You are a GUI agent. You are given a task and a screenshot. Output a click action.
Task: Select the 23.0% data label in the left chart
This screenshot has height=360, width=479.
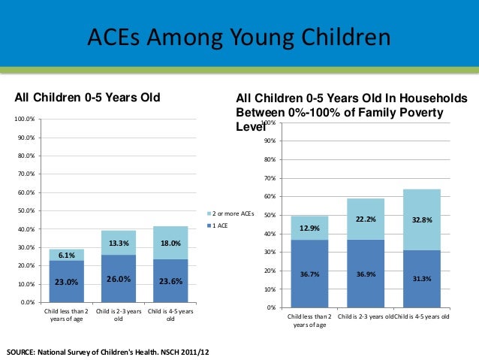(68, 283)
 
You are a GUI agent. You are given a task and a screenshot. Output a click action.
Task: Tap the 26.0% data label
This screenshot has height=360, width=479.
(119, 280)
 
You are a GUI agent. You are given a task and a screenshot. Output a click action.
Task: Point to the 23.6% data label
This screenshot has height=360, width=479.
(170, 283)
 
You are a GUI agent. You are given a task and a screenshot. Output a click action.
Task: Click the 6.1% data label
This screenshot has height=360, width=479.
(68, 256)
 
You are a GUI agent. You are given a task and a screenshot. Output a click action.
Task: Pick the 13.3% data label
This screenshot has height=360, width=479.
(119, 244)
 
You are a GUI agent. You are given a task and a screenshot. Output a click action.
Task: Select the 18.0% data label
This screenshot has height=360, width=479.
(170, 244)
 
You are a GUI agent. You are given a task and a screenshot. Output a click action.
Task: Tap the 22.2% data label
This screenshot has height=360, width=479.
(366, 219)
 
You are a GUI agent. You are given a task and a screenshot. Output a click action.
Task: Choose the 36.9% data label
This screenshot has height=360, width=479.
(366, 274)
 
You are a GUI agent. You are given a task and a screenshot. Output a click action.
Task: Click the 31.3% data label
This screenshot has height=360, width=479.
(422, 279)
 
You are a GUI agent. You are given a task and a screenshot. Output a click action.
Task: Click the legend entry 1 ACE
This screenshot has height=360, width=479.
(224, 225)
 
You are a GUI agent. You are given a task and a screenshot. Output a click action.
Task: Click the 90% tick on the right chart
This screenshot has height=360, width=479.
(270, 141)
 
